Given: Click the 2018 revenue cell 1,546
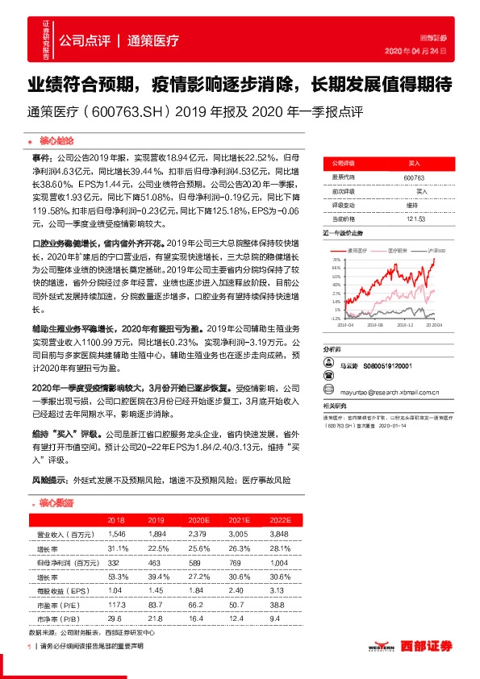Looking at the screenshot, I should tap(116, 534).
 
